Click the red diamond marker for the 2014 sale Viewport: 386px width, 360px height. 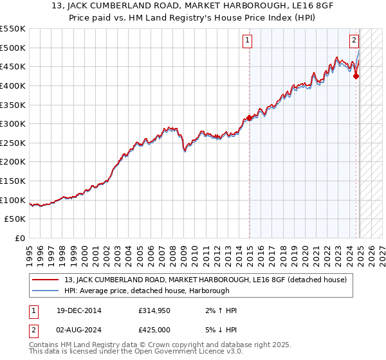250,118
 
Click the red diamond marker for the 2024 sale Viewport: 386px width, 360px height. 356,76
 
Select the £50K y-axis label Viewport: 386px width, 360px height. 16,219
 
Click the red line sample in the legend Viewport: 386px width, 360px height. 46,280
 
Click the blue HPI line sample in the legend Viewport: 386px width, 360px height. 46,290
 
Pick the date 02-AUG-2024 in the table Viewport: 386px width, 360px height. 77,330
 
